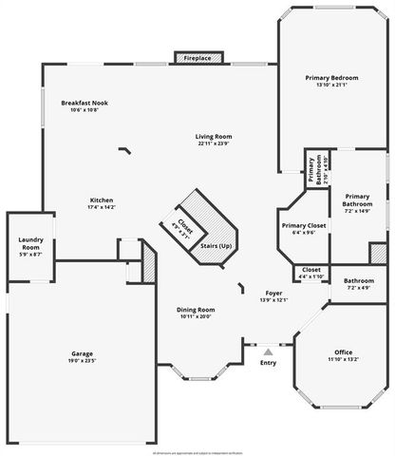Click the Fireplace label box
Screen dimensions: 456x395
197,58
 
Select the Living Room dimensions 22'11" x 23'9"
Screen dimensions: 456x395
215,144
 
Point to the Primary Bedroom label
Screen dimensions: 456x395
332,77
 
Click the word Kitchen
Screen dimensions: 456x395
102,200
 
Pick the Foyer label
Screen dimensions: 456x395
273,294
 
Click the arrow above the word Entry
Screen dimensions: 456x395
268,351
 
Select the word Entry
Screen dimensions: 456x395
268,362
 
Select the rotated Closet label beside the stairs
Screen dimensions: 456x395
184,226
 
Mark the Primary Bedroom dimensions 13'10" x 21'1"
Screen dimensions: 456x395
332,85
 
